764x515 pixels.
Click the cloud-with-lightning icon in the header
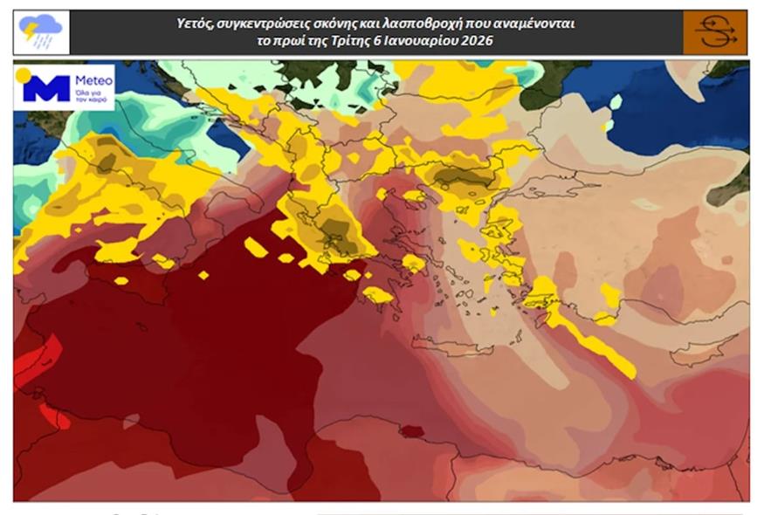[x=40, y=32]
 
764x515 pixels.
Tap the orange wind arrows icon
[x=715, y=32]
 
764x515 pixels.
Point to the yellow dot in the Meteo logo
[x=24, y=75]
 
